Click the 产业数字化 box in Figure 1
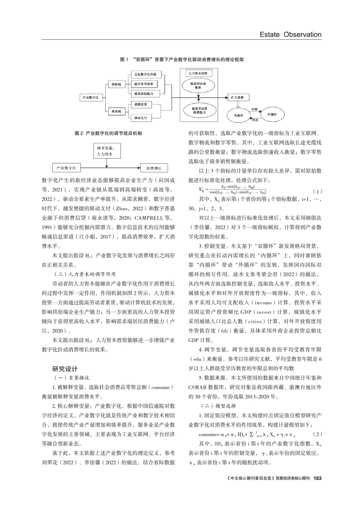91,98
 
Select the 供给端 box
117,84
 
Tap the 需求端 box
117,112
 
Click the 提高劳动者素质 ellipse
198,84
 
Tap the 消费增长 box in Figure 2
154,168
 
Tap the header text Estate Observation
290,34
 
